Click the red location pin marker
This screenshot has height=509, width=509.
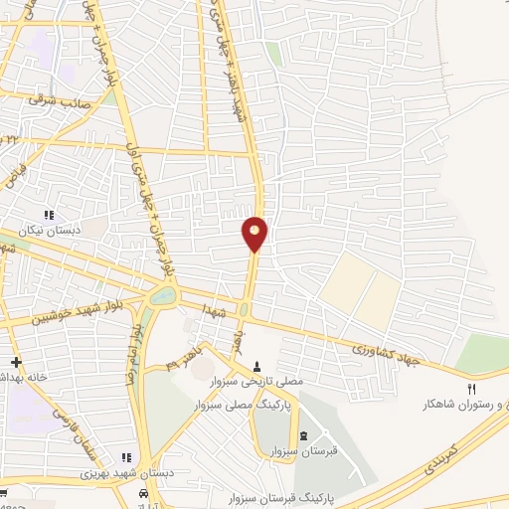click(x=255, y=234)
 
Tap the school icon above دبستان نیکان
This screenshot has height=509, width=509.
click(x=48, y=216)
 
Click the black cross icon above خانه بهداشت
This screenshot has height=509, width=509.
click(x=14, y=362)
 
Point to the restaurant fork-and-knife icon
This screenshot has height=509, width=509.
click(x=472, y=389)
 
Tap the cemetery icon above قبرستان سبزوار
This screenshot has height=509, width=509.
click(x=302, y=436)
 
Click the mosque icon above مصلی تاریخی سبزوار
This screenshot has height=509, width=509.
click(x=258, y=365)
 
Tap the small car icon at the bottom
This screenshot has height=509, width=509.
click(x=145, y=493)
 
